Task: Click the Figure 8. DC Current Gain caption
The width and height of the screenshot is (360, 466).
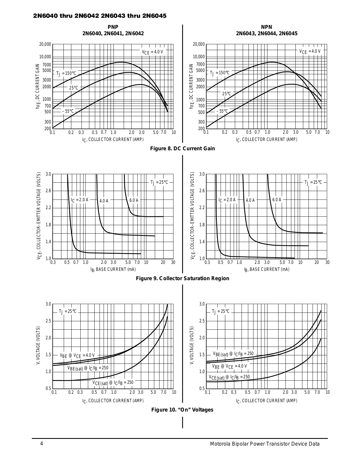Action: click(182, 149)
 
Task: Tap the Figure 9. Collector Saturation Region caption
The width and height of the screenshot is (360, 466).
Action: click(182, 278)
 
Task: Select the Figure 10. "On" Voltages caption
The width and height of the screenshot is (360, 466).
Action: click(182, 410)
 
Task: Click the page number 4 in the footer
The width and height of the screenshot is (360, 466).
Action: click(42, 444)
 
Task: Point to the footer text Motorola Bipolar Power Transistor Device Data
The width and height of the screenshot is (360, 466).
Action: click(265, 444)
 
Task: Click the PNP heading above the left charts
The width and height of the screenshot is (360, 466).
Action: click(113, 27)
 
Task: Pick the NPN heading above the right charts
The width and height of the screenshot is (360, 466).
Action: click(267, 27)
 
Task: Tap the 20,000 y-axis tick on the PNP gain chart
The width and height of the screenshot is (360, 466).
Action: click(45, 44)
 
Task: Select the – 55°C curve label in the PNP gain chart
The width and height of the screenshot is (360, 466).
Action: click(68, 111)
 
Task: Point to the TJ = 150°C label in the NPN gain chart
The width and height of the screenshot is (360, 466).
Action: click(220, 73)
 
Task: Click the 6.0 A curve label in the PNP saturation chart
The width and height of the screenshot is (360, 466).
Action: click(134, 200)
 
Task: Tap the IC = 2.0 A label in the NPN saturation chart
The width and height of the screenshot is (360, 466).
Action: click(227, 200)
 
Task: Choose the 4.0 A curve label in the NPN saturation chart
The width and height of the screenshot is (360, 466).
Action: click(250, 200)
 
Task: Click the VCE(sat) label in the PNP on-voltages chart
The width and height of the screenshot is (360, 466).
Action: click(113, 382)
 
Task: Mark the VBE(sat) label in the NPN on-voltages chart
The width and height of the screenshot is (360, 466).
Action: click(233, 354)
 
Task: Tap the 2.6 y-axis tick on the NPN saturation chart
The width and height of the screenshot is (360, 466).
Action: click(202, 191)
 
